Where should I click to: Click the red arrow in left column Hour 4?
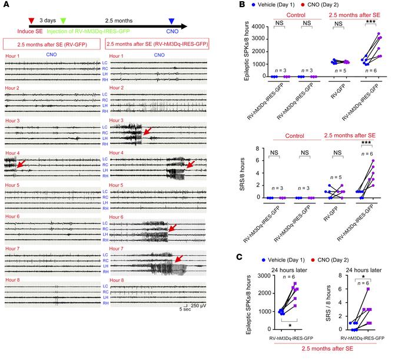(17, 166)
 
